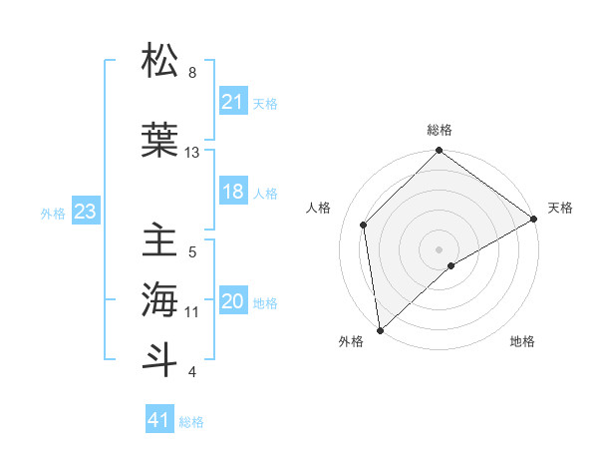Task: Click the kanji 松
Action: tap(160, 62)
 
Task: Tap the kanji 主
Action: tap(160, 242)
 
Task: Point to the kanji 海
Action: tap(160, 298)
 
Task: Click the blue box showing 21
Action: tap(232, 102)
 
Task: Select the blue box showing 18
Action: tap(232, 192)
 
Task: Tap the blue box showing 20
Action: tap(232, 302)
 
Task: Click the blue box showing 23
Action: tap(85, 212)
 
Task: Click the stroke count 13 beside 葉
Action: tap(192, 152)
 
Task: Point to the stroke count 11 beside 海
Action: tap(192, 312)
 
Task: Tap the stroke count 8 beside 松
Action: tap(192, 73)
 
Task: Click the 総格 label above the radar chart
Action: tap(439, 130)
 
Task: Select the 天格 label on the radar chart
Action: tap(560, 208)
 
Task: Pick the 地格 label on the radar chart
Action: tap(522, 341)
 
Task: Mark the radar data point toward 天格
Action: tap(534, 219)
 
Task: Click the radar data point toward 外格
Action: tap(380, 329)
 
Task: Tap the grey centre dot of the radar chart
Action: tap(439, 248)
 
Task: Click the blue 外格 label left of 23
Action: tap(53, 213)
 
